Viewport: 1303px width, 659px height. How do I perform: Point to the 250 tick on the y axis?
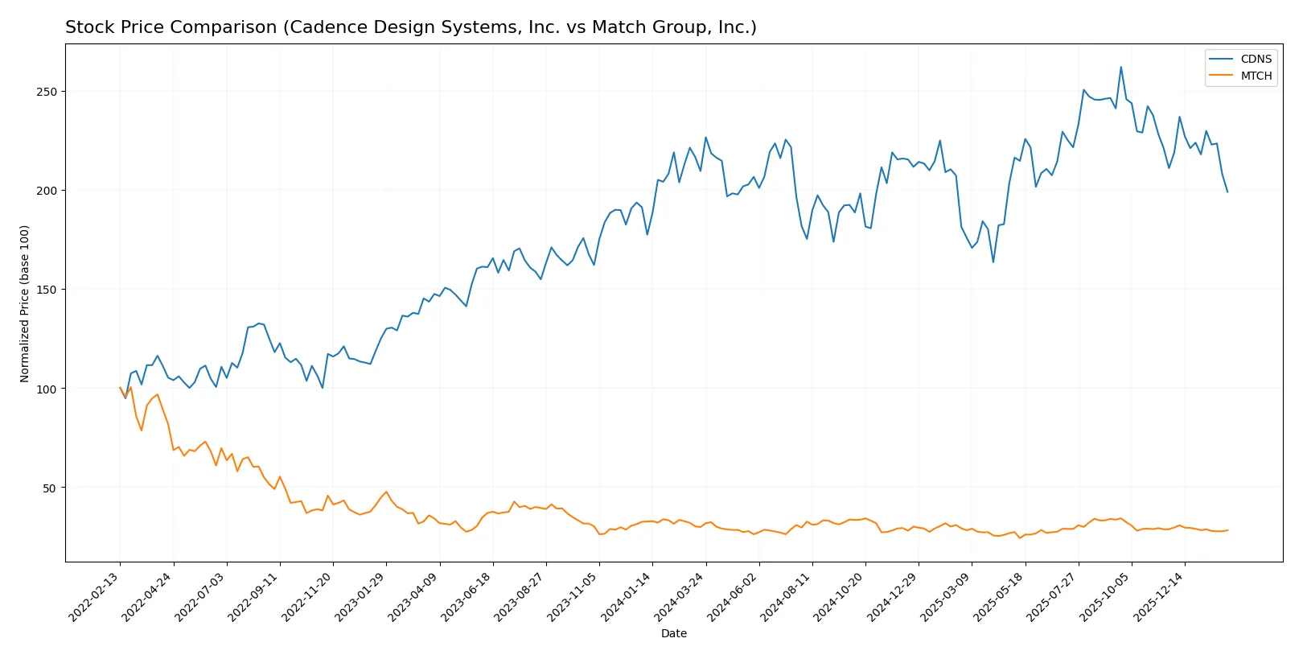pos(47,92)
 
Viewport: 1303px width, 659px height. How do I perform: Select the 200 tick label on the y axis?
pos(47,191)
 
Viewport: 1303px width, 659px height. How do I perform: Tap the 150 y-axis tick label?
pos(47,290)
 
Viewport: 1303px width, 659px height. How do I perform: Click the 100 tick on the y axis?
pos(47,389)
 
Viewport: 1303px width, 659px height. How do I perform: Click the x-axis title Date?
pos(674,633)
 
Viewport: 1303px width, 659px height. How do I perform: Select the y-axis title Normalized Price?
pos(25,303)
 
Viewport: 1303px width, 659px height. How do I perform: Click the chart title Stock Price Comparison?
pos(410,27)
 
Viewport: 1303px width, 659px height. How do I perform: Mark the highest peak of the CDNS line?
pos(1120,67)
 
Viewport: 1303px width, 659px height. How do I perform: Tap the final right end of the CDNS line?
pos(1227,192)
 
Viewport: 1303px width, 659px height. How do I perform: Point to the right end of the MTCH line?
pos(1227,530)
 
